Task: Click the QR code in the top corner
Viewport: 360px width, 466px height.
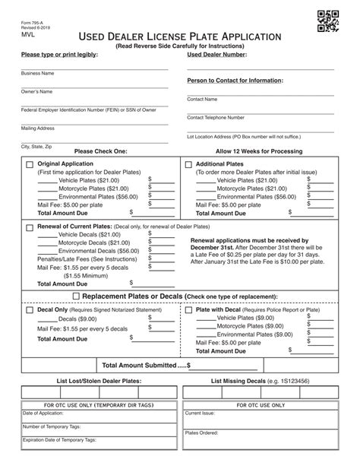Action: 326,23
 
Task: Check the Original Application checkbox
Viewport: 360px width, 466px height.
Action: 30,164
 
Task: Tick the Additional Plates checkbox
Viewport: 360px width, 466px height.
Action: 188,164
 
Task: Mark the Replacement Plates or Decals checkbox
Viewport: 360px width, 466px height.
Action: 75,296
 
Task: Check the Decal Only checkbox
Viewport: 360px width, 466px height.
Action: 30,312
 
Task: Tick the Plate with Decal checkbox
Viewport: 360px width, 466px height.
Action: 188,312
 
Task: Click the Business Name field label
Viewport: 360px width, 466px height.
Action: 37,74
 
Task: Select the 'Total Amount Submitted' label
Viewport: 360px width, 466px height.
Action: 144,366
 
